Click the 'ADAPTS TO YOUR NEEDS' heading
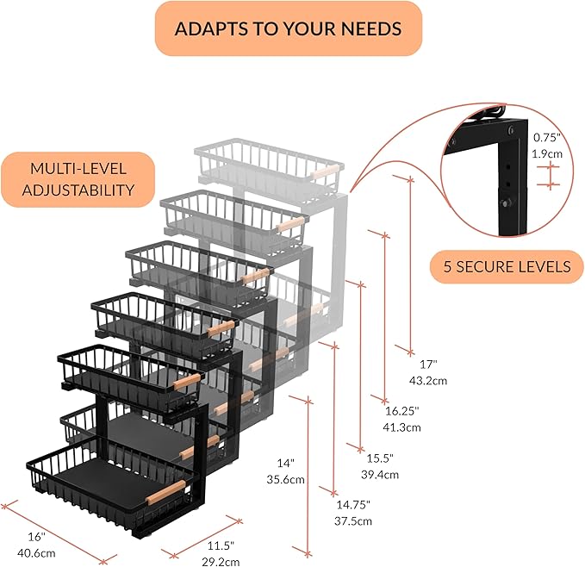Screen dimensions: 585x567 tap(288, 28)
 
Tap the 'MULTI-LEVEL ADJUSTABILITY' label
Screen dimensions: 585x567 tap(78, 179)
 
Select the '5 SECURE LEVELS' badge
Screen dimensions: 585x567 tap(507, 267)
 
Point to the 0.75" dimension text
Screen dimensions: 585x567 tap(546, 138)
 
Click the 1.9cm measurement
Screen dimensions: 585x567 tap(547, 153)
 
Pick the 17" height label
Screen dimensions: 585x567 tap(428, 364)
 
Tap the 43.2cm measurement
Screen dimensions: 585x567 tap(428, 381)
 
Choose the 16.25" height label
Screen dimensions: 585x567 tap(402, 411)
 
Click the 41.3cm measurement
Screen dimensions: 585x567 tap(401, 427)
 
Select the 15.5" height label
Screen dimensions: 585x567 tap(380, 458)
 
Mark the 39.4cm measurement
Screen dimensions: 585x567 tap(380, 475)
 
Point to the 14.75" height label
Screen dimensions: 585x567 tap(353, 505)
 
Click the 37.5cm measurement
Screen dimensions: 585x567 tap(353, 520)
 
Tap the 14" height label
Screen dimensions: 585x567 tap(286, 464)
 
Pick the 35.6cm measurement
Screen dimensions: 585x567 tap(285, 479)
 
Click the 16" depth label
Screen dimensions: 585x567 tap(36, 537)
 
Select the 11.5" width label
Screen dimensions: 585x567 tap(221, 545)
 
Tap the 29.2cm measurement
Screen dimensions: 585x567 tap(221, 562)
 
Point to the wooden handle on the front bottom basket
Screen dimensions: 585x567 tap(165, 492)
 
